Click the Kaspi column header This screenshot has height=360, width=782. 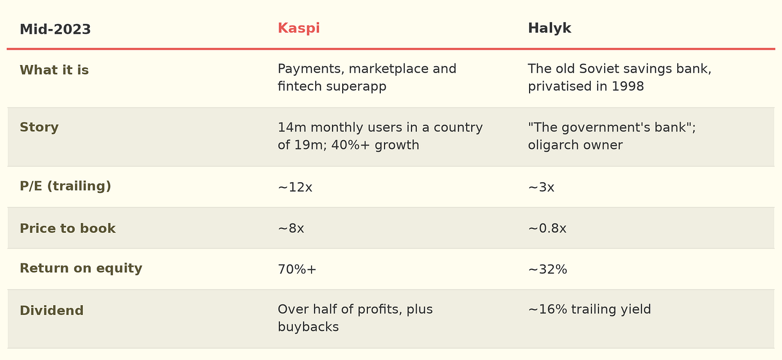[299, 28]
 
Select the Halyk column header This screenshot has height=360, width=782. [549, 28]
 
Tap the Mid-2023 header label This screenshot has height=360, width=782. [55, 30]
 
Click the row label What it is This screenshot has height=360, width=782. [54, 70]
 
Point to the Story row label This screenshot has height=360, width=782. [39, 127]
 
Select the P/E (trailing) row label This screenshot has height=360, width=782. [66, 186]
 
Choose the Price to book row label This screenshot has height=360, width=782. [67, 228]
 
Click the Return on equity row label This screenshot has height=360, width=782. [81, 268]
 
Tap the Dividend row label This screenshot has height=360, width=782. [52, 311]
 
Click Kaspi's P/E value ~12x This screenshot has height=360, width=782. [295, 188]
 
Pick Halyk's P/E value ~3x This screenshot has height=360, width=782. [541, 188]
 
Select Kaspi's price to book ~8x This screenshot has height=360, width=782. [291, 229]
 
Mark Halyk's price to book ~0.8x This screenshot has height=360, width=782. [547, 229]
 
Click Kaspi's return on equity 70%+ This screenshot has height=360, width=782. [297, 270]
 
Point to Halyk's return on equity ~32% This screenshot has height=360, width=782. [547, 270]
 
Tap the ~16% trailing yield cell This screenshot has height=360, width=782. [589, 309]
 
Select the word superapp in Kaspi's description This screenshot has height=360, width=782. [356, 87]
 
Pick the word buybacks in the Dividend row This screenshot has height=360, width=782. [308, 327]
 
